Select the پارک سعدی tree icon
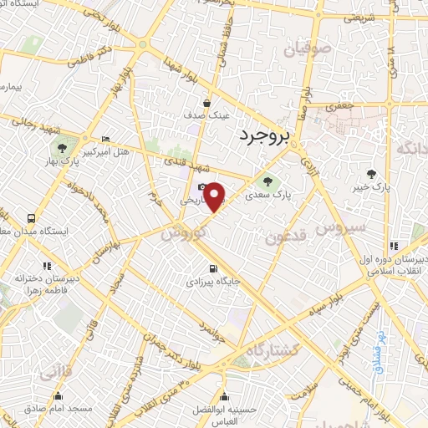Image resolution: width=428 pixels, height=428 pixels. click(x=267, y=180)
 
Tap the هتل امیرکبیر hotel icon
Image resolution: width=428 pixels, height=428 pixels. click(x=104, y=140)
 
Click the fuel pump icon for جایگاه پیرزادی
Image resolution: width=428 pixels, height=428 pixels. click(x=213, y=269)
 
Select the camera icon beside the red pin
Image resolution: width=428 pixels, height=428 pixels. click(x=201, y=187)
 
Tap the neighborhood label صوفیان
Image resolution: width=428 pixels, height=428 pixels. click(x=308, y=49)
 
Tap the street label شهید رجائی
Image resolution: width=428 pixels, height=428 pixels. click(x=31, y=121)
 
